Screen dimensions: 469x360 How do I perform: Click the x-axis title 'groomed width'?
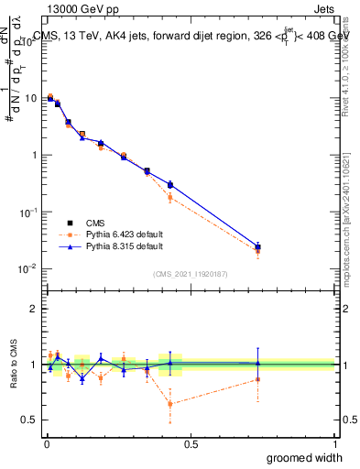(305, 457)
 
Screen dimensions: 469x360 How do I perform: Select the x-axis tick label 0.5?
(190, 443)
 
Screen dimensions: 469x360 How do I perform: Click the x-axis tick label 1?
(333, 443)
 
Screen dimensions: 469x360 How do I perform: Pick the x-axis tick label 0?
(46, 443)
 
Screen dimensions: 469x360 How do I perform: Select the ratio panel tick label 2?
(36, 309)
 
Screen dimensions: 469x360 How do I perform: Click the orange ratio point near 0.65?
(170, 403)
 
